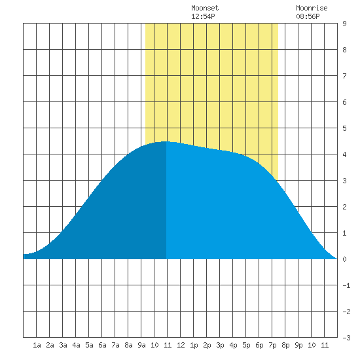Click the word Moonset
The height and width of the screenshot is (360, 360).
point(205,8)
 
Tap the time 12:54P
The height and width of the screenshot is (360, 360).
point(203,16)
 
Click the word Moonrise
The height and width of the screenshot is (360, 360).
point(312,8)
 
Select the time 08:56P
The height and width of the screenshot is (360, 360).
point(308,16)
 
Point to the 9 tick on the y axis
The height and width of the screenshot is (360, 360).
point(344,24)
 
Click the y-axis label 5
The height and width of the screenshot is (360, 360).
point(344,128)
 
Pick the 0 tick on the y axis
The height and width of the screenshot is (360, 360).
point(344,259)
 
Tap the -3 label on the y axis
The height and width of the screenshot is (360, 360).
point(346,338)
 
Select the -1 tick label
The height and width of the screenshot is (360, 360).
point(346,285)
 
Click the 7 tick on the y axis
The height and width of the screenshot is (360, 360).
point(344,76)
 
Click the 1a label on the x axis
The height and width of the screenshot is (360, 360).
point(37,345)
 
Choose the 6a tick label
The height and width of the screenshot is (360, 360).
point(102,345)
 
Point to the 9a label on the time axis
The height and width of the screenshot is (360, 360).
point(141,345)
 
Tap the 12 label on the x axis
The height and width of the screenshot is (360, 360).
point(181,345)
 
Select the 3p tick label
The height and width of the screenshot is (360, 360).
point(220,345)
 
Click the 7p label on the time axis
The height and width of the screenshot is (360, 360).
point(272,345)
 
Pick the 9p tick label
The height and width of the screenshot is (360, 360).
point(298,345)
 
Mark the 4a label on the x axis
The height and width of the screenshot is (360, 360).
point(76,345)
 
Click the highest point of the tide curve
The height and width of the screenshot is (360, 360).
point(166,141)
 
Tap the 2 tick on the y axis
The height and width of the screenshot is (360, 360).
point(344,207)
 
